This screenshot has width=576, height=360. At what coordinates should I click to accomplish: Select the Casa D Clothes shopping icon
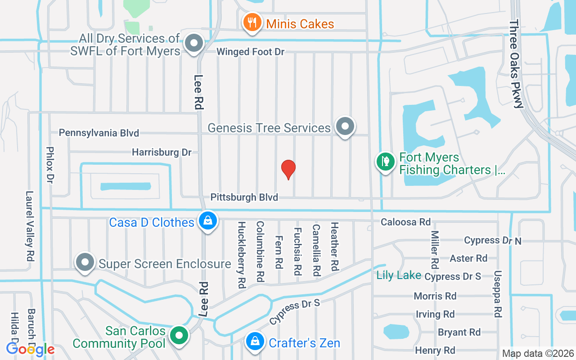(x=207, y=221)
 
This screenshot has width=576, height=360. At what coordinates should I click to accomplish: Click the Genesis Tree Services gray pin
(x=345, y=126)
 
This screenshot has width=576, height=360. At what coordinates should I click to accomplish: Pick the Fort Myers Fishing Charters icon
(x=385, y=162)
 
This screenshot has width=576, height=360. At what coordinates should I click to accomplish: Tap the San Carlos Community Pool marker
(x=180, y=336)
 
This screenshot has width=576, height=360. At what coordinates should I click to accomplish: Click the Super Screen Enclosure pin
(x=85, y=262)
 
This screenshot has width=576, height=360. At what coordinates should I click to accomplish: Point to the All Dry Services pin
(x=194, y=44)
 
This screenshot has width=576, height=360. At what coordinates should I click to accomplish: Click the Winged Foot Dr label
(x=250, y=52)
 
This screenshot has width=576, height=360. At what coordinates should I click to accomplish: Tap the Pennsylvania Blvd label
(x=99, y=133)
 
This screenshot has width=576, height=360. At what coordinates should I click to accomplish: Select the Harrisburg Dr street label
(x=162, y=152)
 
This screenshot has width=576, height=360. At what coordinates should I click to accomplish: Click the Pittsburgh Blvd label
(x=244, y=197)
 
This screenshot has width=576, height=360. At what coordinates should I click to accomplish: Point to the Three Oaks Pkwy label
(x=516, y=64)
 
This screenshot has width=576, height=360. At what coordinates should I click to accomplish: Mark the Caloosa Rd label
(x=405, y=222)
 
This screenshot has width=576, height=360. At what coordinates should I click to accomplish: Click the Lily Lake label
(x=399, y=275)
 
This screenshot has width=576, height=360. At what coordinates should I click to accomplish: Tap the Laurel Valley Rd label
(x=30, y=227)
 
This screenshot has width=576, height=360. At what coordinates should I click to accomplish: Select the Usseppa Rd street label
(x=497, y=294)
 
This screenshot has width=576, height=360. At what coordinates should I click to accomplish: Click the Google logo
(x=30, y=349)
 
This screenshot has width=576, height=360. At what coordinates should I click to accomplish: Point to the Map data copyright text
(x=538, y=354)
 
